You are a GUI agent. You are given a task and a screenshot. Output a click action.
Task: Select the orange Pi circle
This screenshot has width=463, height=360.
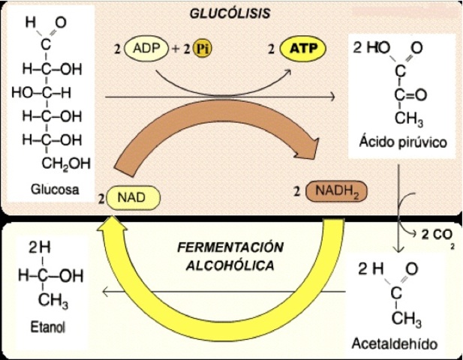[201, 49]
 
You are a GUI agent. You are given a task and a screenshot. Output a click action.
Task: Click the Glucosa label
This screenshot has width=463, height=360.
[56, 189]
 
